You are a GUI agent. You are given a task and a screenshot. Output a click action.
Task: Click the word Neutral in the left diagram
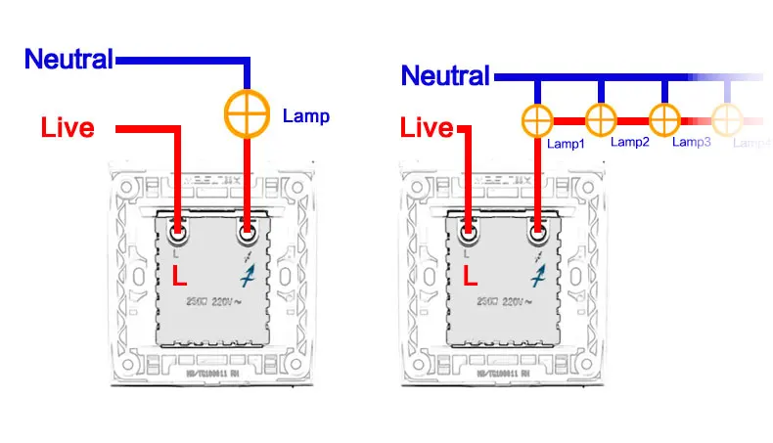pos(68,59)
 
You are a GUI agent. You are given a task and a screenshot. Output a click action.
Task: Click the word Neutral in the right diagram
pos(445,75)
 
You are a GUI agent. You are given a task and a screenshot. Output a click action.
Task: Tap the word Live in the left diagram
pos(68,127)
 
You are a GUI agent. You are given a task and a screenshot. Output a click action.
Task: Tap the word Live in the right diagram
pos(428,127)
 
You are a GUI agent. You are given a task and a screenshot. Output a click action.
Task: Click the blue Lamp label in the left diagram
pos(306,116)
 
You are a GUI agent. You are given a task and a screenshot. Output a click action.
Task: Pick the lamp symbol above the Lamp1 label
pos(537,121)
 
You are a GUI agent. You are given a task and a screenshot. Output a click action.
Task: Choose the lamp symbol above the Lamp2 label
pos(601,121)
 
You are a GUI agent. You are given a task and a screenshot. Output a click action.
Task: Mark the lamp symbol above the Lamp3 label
pos(664,121)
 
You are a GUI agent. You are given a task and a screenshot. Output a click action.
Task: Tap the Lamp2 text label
pos(630,142)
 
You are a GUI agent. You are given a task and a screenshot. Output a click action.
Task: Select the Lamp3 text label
pos(692,143)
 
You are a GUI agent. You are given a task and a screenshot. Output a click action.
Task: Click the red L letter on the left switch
pos(179,277)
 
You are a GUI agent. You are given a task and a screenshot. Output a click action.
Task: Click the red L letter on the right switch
pos(470,277)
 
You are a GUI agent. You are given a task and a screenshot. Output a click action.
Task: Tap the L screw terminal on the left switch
pos(178,233)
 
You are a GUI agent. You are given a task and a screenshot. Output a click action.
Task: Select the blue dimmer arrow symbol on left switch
pos(247,277)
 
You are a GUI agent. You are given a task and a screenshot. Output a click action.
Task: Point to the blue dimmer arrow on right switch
pos(537,277)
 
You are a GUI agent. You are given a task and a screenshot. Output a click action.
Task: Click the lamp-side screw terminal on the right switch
pos(537,233)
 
